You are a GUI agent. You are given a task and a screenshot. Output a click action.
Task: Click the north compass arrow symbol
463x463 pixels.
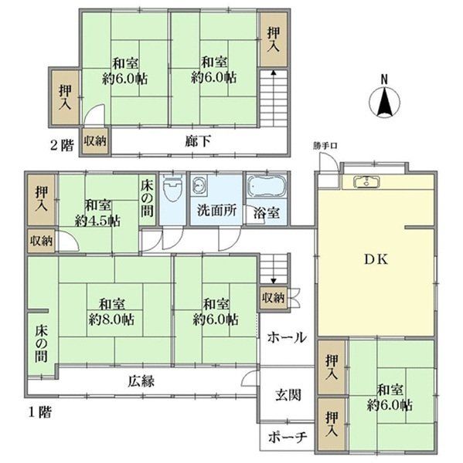384,101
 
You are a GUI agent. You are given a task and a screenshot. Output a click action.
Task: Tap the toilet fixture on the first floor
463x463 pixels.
172,189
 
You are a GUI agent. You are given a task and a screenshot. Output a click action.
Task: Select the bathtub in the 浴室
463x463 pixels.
267,186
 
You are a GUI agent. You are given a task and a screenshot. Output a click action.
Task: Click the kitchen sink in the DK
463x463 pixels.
366,181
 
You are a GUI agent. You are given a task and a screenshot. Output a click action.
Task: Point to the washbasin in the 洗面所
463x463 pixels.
199,185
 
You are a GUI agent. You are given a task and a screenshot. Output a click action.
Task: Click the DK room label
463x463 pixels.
376,259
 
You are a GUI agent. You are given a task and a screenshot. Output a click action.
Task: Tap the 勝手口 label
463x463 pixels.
325,146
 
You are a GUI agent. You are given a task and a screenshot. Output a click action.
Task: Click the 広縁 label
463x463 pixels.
141,381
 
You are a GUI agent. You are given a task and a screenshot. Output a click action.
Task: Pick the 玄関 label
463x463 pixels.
288,395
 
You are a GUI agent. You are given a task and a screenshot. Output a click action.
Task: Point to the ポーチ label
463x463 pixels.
288,437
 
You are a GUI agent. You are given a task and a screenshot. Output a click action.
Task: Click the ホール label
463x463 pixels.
287,337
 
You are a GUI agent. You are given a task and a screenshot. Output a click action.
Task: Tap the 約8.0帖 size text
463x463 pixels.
111,319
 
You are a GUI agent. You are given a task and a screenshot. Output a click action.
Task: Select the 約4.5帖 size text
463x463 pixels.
97,221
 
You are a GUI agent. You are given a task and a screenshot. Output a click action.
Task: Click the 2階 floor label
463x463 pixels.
62,145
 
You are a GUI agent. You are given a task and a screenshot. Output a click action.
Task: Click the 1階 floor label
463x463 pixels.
39,412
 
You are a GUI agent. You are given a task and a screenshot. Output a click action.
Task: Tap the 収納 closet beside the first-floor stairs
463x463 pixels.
273,298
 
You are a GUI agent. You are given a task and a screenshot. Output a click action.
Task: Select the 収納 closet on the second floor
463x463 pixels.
94,140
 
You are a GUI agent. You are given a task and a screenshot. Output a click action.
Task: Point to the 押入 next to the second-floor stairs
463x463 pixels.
274,39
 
